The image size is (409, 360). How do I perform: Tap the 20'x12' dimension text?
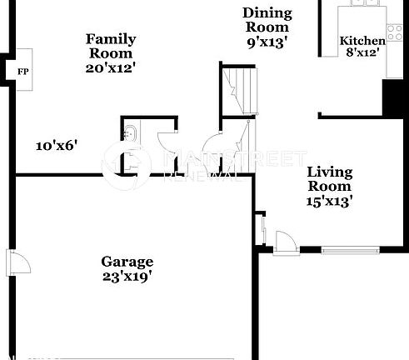click(111, 67)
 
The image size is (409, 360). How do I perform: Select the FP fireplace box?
click(22, 72)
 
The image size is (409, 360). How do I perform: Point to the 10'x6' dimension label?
click(56, 145)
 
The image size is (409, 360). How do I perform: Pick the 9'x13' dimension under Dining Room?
click(267, 42)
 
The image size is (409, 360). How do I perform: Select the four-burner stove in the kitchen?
click(394, 32)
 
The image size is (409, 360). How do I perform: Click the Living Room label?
click(330, 179)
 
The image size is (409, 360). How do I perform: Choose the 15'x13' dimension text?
click(330, 201)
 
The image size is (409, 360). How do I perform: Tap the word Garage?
click(127, 260)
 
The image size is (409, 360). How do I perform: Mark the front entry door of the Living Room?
click(286, 242)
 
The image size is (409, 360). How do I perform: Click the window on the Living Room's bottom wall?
click(351, 249)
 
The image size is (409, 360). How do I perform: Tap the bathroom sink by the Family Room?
click(130, 132)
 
